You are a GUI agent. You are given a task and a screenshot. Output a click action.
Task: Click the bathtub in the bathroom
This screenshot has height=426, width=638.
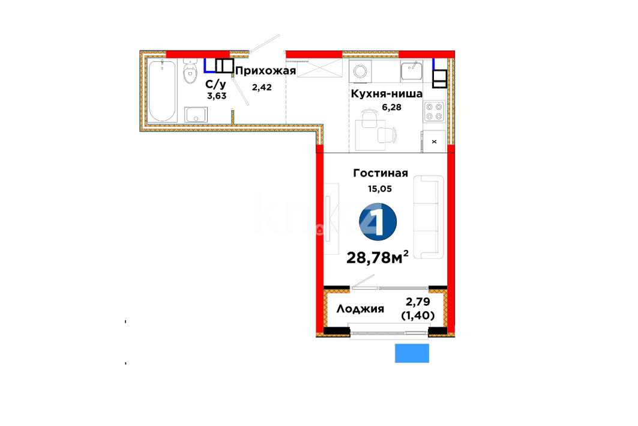pyautogui.click(x=162, y=91)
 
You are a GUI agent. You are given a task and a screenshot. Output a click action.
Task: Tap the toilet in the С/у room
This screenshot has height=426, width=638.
pyautogui.click(x=190, y=72)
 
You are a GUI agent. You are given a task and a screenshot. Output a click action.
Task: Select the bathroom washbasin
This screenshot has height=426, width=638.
pyautogui.click(x=196, y=114)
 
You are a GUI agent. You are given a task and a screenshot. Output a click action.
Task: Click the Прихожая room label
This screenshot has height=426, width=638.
pyautogui.click(x=265, y=72)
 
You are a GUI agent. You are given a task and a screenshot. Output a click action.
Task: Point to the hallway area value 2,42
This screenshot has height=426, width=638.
pyautogui.click(x=262, y=87)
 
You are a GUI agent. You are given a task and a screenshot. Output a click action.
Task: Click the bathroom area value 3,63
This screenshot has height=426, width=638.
pyautogui.click(x=217, y=96)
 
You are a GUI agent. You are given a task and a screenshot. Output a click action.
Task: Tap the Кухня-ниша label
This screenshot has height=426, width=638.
pyautogui.click(x=387, y=94)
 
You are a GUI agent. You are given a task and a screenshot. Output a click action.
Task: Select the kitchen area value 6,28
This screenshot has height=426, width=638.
pyautogui.click(x=391, y=107)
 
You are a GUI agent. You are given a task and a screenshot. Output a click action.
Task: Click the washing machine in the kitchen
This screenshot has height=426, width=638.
pyautogui.click(x=360, y=72)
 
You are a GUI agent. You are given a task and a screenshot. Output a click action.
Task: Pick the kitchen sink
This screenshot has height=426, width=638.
pyautogui.click(x=411, y=70)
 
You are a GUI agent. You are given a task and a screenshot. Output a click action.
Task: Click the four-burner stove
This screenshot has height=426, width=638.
pyautogui.click(x=434, y=111)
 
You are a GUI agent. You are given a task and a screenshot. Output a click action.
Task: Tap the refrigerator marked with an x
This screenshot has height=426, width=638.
pyautogui.click(x=434, y=142)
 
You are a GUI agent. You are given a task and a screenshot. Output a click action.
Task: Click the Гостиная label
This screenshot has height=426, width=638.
pyautogui.click(x=381, y=173)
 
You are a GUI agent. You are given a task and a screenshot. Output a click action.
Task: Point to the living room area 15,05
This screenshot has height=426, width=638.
pyautogui.click(x=380, y=189)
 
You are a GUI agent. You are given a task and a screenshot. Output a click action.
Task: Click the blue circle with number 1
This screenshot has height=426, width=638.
pyautogui.click(x=378, y=222)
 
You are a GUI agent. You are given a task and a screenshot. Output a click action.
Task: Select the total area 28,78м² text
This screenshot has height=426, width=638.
pyautogui.click(x=377, y=257)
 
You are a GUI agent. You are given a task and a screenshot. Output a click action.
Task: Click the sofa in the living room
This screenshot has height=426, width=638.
pyautogui.click(x=429, y=217)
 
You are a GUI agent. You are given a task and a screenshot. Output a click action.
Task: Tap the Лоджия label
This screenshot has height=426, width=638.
pyautogui.click(x=360, y=309)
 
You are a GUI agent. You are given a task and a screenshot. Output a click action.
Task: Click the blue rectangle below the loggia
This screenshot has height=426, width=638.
pyautogui.click(x=412, y=353)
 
